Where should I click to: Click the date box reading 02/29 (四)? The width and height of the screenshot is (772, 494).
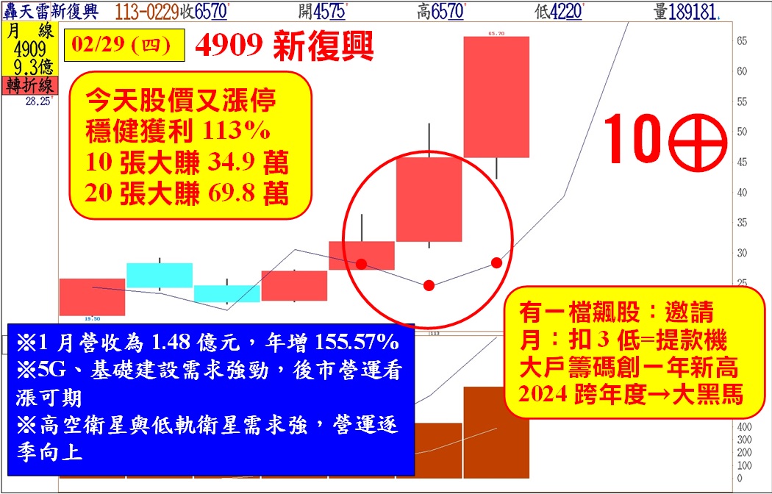pos(124,45)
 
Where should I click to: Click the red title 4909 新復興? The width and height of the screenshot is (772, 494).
pos(284,46)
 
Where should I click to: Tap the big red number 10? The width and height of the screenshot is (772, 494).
pos(632,138)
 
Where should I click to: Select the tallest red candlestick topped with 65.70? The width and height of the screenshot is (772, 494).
pos(496,97)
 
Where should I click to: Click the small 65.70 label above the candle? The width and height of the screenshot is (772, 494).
pos(496,34)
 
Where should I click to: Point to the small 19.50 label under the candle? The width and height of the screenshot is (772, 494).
pos(92,319)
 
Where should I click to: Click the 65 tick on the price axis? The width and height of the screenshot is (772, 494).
pos(741,41)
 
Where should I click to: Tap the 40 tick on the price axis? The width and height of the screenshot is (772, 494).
pos(741,193)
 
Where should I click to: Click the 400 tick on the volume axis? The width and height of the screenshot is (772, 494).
pos(744,426)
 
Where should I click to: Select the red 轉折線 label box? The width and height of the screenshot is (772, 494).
pos(30,85)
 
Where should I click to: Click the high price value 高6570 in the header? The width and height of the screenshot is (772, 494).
pos(440,12)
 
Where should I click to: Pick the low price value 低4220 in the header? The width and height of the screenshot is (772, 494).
pos(558,12)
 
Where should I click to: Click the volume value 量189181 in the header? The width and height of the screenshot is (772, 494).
pos(685,12)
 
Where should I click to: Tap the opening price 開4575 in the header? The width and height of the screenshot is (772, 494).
pos(322,12)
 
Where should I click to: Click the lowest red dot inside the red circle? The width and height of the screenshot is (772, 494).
pos(429,285)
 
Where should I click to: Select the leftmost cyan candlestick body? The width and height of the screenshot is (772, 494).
pos(160,275)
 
